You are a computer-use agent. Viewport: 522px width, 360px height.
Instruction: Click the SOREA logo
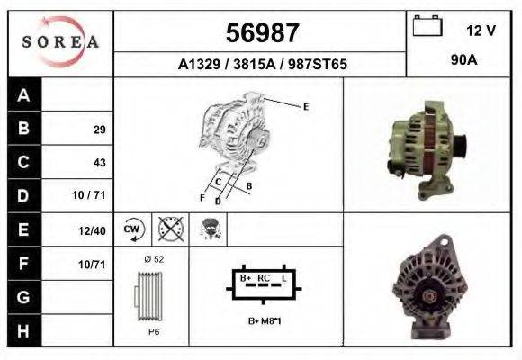[x=59, y=41]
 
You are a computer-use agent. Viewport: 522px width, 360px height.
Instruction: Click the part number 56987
[x=261, y=33]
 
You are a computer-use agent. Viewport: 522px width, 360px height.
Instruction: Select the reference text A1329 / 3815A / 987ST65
[x=262, y=66]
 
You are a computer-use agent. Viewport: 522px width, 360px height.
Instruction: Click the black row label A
[x=22, y=95]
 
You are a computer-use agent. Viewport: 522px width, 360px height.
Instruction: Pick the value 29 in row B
[x=99, y=130]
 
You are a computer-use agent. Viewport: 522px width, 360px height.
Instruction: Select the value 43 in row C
[x=99, y=163]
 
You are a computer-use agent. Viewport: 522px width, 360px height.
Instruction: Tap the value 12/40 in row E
[x=93, y=231]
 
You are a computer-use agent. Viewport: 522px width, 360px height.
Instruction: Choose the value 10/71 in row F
[x=93, y=265]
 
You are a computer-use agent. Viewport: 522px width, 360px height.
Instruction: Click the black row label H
[x=22, y=331]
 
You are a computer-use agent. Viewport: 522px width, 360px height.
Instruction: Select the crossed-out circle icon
[x=169, y=229]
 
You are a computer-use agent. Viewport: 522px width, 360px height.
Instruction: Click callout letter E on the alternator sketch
[x=306, y=107]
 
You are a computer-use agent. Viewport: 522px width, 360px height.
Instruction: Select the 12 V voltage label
[x=481, y=30]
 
